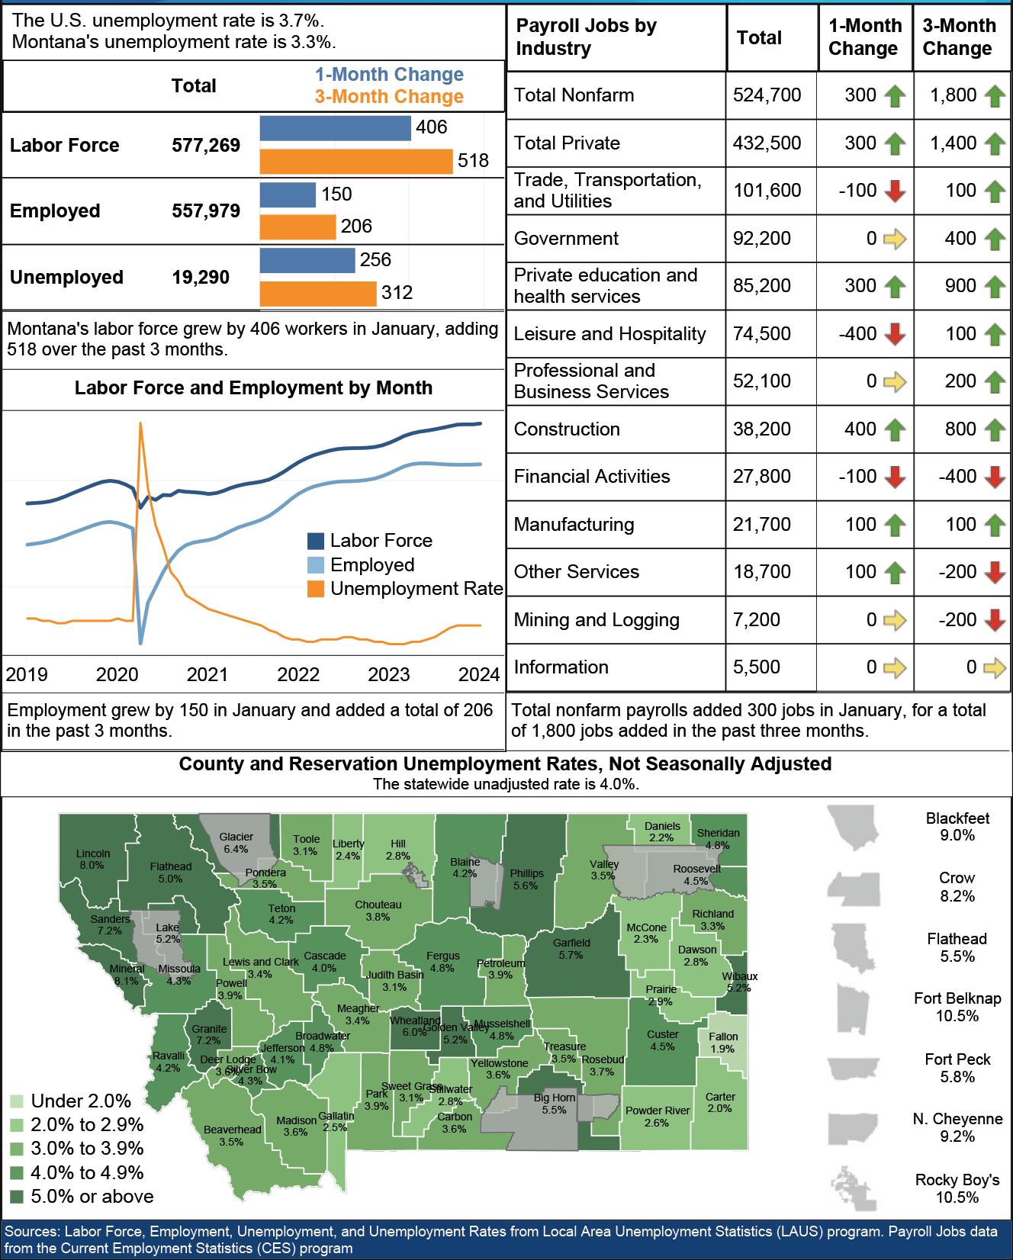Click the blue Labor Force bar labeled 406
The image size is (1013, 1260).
[x=335, y=128]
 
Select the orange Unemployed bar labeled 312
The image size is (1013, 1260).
[x=317, y=294]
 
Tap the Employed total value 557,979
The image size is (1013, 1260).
[x=206, y=211]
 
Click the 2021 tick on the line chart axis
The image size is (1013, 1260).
[x=207, y=674]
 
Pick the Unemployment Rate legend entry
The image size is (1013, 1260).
[x=416, y=589]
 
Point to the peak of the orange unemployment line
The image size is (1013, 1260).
[x=140, y=424]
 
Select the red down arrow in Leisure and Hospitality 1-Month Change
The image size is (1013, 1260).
[x=894, y=334]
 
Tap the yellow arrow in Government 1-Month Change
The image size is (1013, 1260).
[x=894, y=239]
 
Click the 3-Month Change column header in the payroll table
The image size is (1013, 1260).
[x=959, y=37]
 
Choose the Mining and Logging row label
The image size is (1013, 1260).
[x=597, y=620]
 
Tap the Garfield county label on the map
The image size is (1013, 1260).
[x=571, y=949]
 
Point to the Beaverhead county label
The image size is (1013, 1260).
[x=232, y=1136]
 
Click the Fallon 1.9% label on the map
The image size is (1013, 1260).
[x=723, y=1043]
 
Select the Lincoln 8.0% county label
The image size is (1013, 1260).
[x=93, y=860]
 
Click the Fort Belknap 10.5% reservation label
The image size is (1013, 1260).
[x=957, y=1007]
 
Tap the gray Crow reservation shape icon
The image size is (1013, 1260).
[x=854, y=887]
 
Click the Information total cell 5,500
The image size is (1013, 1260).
[x=757, y=667]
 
